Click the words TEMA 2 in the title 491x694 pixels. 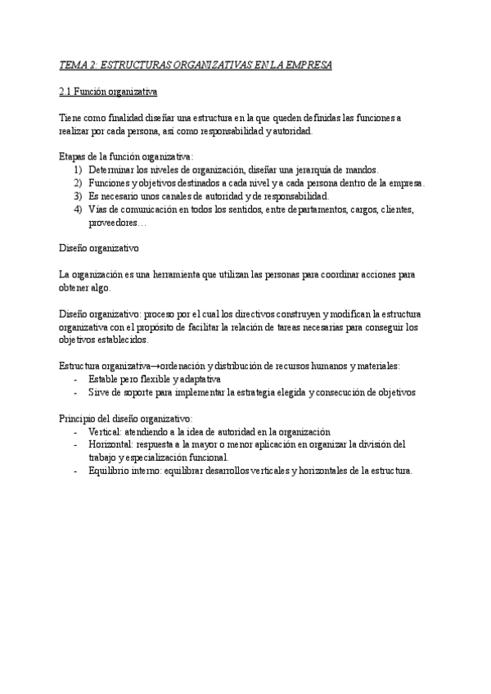(79, 65)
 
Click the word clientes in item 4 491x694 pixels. (394, 210)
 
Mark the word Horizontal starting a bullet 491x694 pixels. (112, 444)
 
